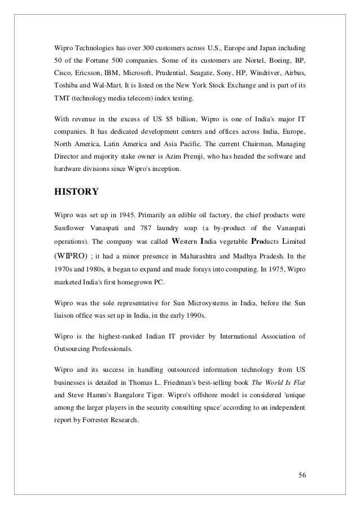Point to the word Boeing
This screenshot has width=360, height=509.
(274, 59)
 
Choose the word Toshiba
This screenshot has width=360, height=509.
(58, 89)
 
